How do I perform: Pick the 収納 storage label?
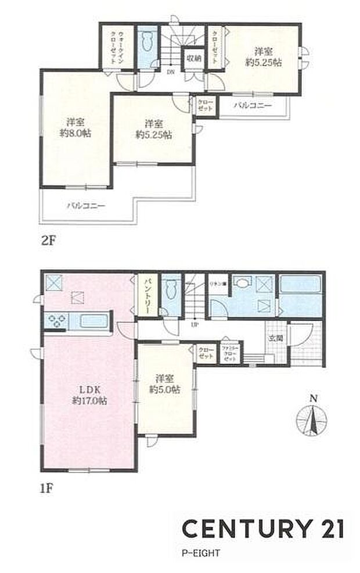click(x=193, y=58)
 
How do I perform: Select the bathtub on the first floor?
click(x=300, y=288)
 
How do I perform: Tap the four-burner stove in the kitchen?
click(x=57, y=320)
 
